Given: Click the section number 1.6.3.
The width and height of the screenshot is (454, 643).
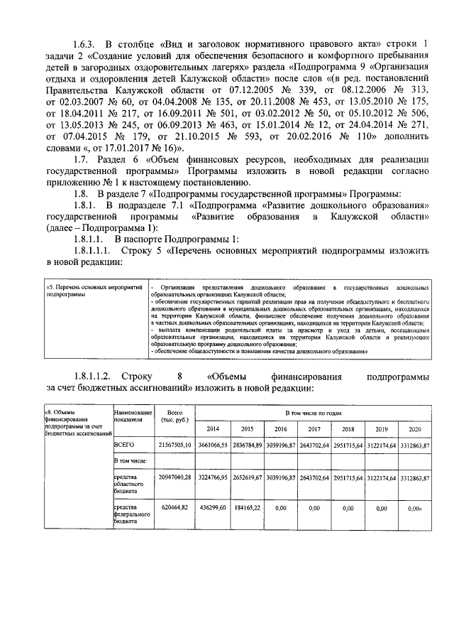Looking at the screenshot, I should (87, 45).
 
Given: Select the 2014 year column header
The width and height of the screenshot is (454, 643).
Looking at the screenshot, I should (213, 430).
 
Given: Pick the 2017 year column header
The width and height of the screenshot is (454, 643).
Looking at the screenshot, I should (314, 430).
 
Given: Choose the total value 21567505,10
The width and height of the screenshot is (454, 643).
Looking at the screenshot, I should (170, 445).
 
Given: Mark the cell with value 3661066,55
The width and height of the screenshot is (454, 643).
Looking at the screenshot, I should (213, 445).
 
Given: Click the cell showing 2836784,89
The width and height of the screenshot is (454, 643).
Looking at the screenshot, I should (247, 445).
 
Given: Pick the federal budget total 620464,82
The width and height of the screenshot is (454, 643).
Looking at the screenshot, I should (170, 509).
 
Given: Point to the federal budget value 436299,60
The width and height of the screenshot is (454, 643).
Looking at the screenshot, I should (213, 509).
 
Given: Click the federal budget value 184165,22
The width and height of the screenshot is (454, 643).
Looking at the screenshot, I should (247, 509).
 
